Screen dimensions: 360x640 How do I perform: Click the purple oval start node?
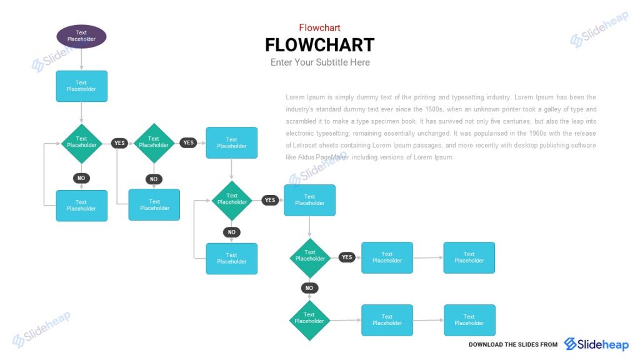tap(81, 36)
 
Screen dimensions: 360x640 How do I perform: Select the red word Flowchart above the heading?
tap(319, 27)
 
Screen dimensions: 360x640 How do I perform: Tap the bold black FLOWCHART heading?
tap(319, 45)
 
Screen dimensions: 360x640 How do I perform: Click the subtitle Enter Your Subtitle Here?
tap(320, 62)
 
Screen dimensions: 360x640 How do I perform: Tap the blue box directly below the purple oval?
tap(81, 86)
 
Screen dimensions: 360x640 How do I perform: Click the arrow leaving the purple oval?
tap(81, 59)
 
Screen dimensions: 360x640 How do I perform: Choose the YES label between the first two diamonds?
tap(119, 143)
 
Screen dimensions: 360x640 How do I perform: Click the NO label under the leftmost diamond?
tap(81, 178)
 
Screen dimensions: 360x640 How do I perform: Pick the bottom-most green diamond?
tap(309, 320)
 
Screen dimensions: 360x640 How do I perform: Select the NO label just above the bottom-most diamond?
tap(309, 288)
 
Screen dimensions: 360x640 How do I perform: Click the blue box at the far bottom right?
tap(469, 320)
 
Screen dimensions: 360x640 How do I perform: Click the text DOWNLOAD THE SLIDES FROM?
tap(512, 345)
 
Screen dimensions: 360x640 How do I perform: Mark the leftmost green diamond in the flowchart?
tap(81, 143)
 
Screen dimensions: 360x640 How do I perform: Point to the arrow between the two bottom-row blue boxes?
tap(428, 320)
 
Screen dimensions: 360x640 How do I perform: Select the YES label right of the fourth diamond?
tap(347, 257)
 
